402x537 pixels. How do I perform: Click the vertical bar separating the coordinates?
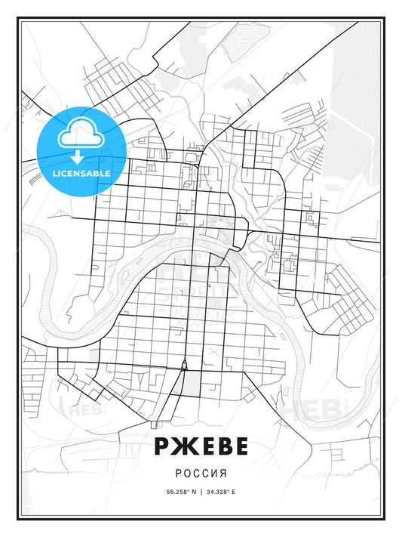tap(201, 492)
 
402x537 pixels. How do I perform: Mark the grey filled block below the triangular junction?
tap(192, 382)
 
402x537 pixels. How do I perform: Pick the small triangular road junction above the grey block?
tap(183, 366)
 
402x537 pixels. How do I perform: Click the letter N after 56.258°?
tap(193, 492)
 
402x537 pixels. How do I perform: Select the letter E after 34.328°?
tap(234, 492)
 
